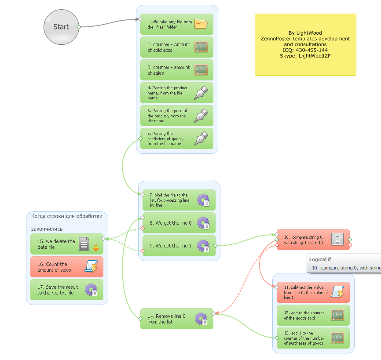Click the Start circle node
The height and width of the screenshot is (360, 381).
pos(61,27)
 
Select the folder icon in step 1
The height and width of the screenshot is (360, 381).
pos(201,24)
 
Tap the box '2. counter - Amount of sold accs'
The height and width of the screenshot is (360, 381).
pos(177,47)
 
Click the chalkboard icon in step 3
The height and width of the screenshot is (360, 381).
pos(201,70)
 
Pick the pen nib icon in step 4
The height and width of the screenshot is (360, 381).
pos(201,93)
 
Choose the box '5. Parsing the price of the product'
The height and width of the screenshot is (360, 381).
pos(177,116)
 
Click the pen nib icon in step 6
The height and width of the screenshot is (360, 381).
pos(201,138)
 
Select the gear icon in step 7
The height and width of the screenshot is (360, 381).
pos(203,200)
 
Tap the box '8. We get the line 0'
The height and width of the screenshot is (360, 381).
pos(179,223)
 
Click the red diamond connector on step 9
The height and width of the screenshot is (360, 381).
pos(143,251)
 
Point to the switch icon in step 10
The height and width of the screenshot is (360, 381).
pos(337,240)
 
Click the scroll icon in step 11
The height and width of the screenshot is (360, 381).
pos(337,292)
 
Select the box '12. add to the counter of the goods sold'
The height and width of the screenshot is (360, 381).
pos(313,315)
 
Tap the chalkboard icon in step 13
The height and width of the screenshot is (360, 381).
pos(337,338)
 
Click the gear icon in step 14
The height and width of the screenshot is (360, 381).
pos(201,319)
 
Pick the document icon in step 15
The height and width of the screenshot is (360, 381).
pos(84,244)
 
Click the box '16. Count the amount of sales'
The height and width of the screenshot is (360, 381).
pos(67,267)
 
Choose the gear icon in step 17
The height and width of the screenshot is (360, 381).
pos(91,290)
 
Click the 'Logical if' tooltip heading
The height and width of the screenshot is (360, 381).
pos(320,259)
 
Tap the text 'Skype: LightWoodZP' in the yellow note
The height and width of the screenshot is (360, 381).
pos(305,56)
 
